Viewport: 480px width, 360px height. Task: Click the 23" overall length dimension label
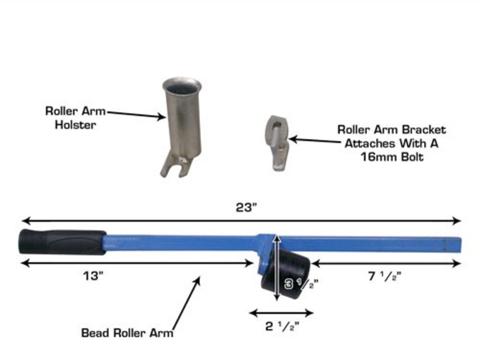point(245,208)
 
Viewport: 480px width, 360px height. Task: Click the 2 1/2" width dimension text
point(282,326)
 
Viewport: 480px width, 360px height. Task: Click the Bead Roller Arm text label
point(127,333)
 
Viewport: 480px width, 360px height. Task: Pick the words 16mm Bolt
point(392,157)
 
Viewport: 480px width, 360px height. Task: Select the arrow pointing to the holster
point(136,114)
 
